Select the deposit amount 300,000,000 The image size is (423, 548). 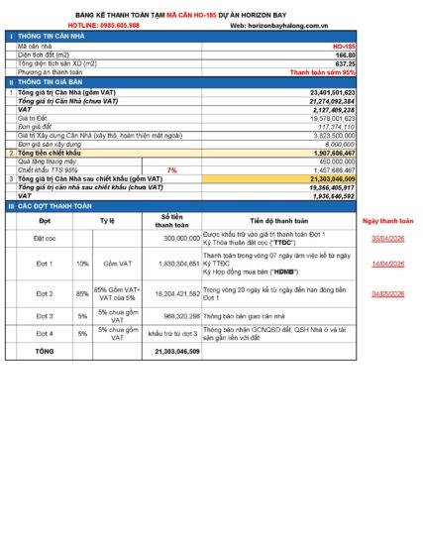[180, 239]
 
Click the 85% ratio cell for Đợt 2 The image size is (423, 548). [83, 294]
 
